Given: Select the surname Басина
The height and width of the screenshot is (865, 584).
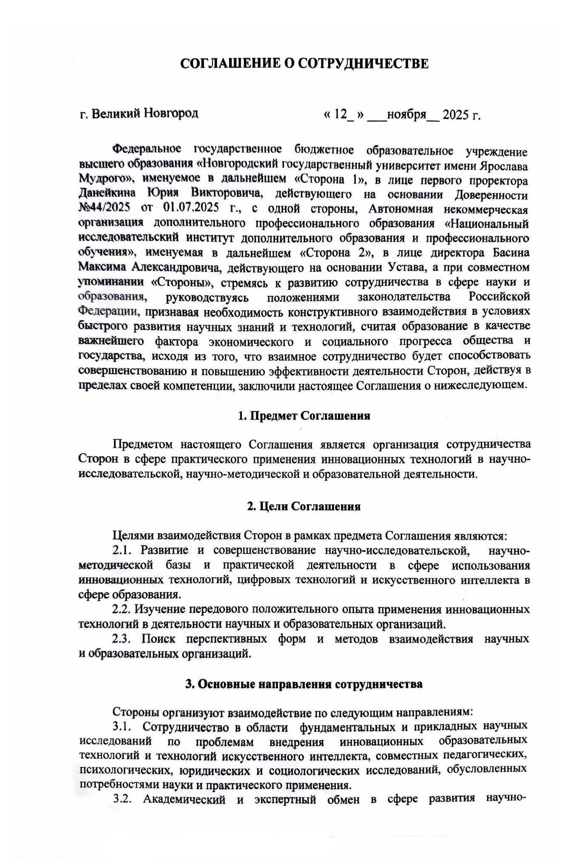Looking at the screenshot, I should pos(511,253).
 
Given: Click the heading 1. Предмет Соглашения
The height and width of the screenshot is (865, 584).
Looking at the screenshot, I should pos(304,415).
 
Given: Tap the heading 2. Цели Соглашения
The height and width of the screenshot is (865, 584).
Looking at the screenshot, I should pos(304,506).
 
